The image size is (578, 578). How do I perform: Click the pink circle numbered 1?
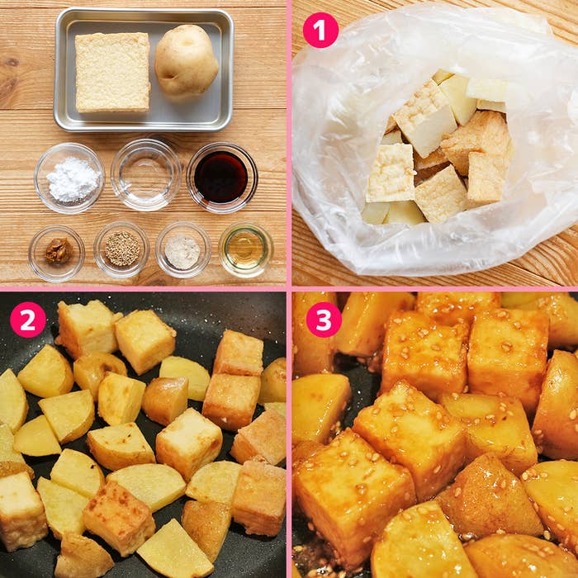point(320,31)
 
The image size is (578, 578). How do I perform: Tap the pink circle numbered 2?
point(28,320)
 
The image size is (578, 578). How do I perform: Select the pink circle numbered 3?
point(324,320)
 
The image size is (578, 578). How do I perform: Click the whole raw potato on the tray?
point(186,62)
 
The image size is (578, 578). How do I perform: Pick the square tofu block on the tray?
point(112,72)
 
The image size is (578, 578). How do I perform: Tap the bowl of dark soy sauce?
point(222,178)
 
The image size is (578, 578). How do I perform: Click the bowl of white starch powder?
point(69,178)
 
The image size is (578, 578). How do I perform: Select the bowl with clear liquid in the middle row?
point(146,175)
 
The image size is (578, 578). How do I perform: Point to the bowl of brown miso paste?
point(57,253)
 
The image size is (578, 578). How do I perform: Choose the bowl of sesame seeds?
point(121,249)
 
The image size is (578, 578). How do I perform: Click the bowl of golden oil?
point(246,249)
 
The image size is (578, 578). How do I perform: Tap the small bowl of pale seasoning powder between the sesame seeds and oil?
point(183,249)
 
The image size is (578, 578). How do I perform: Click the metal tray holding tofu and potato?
point(144,70)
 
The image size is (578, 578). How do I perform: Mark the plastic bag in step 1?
point(435,140)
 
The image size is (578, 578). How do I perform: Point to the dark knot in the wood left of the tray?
point(11,62)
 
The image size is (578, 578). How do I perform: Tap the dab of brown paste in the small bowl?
point(59,251)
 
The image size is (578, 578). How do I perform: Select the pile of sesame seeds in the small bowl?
point(122,248)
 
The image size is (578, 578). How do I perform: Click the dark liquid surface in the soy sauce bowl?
point(220,178)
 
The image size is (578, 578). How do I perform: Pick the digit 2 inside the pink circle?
point(28,320)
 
